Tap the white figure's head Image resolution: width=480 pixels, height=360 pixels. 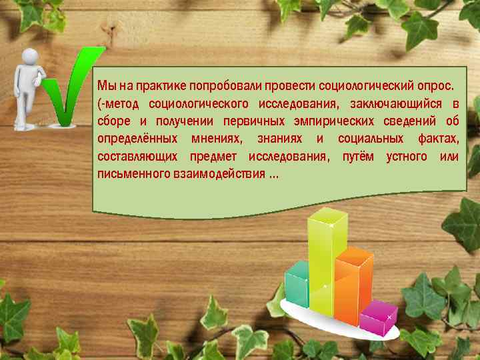click(30, 59)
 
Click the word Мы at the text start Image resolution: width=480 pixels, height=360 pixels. click(105, 86)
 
